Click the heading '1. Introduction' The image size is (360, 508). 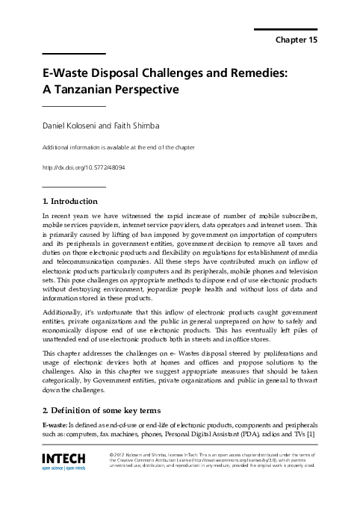tap(70, 201)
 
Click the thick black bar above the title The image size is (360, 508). tap(74, 53)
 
